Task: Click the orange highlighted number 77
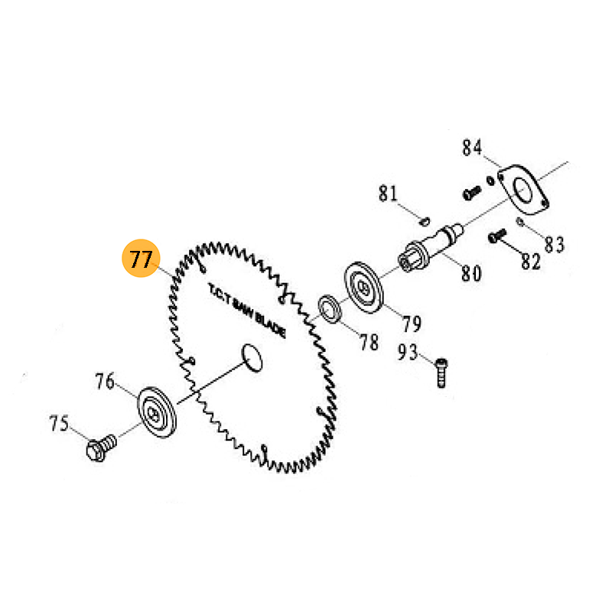pos(141,259)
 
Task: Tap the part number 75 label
pos(59,424)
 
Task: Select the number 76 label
pos(105,381)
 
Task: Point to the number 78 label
pos(369,342)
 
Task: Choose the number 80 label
pos(471,272)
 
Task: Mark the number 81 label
pos(389,194)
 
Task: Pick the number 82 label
pos(530,261)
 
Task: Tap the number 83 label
pos(554,245)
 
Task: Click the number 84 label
pos(472,147)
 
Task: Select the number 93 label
pos(409,353)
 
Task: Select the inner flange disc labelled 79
pos(366,288)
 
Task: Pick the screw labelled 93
pos(441,373)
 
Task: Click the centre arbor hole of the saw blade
pos(252,356)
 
